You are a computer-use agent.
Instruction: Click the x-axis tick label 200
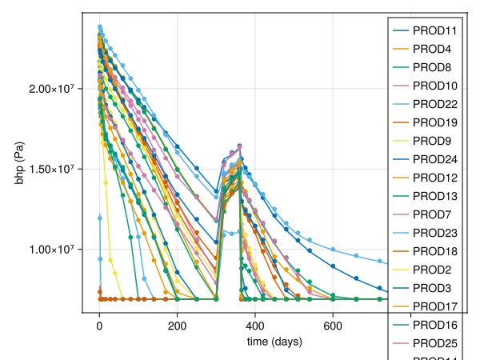[177, 326]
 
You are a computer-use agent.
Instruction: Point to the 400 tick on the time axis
[255, 326]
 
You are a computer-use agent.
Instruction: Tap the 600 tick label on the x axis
[333, 326]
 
